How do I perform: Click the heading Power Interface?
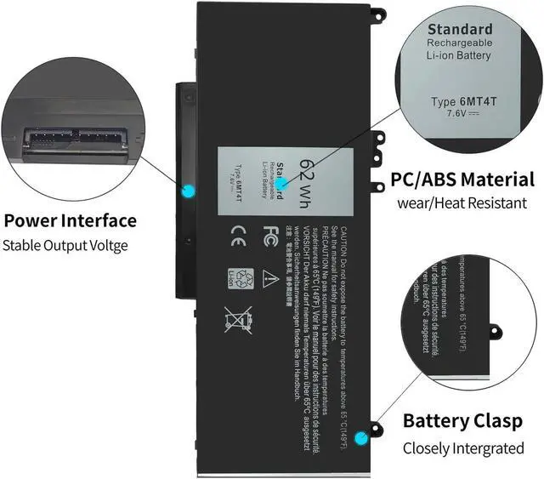(71, 221)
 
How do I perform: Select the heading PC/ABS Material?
(463, 180)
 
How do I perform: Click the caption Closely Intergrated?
(464, 448)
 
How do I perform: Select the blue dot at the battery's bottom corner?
(363, 438)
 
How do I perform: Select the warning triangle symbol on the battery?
(269, 277)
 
